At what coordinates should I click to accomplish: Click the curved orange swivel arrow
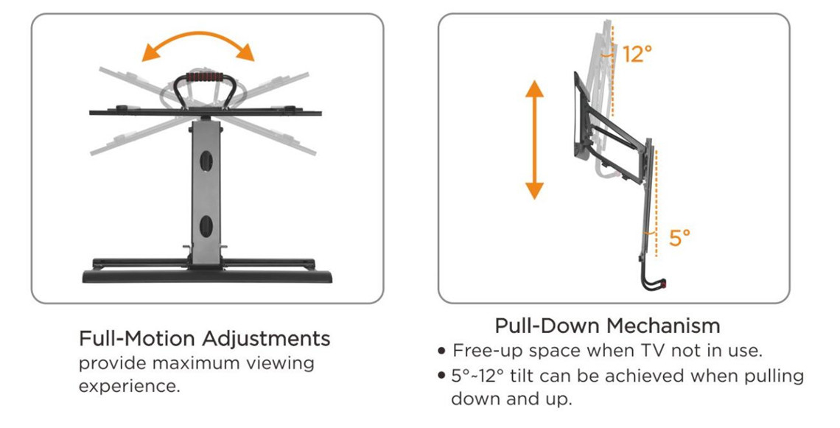[198, 41]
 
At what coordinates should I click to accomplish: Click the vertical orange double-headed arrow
[534, 140]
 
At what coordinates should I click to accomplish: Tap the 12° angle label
[637, 54]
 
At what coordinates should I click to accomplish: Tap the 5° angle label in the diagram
[679, 237]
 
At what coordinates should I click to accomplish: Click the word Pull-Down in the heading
[548, 326]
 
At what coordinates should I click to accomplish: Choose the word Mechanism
[663, 326]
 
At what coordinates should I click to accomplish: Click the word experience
[129, 386]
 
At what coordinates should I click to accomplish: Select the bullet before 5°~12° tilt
[442, 376]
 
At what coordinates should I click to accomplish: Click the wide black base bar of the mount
[206, 277]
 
